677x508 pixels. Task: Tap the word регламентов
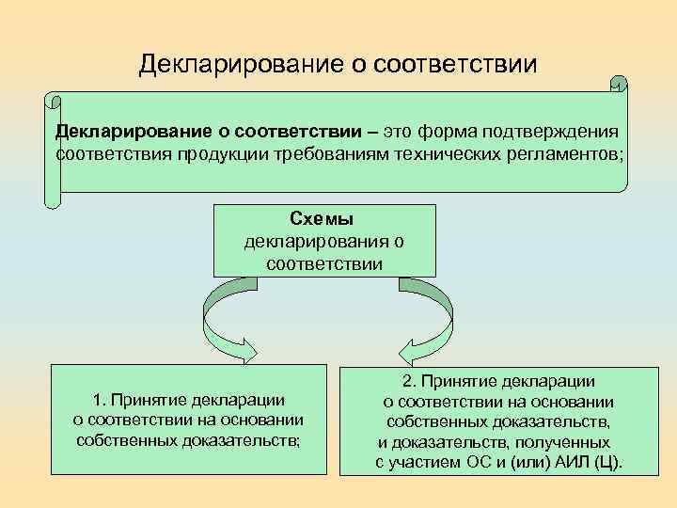(573, 153)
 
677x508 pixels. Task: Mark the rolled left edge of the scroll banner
(53, 151)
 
